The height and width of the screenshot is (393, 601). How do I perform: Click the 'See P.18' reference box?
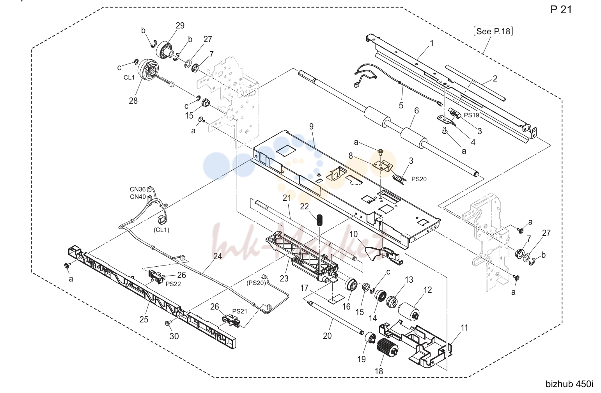[493, 31]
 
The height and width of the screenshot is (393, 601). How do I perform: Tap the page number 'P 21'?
[561, 10]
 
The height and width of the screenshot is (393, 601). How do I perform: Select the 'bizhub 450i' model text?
[569, 384]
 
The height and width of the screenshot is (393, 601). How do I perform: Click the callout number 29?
[180, 25]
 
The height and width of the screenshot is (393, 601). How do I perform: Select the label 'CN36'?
[137, 189]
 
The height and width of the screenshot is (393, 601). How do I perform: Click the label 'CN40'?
[138, 196]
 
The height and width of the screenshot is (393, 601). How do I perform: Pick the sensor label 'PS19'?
[472, 115]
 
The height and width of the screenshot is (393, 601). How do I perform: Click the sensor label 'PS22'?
[173, 284]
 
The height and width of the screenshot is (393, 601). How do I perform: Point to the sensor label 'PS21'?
[239, 311]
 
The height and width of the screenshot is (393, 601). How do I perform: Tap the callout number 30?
[174, 336]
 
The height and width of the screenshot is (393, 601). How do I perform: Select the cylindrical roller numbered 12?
[409, 311]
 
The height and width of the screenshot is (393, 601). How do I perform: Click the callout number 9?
[311, 126]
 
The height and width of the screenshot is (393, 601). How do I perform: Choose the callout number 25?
[144, 319]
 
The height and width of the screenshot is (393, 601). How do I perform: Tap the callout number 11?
[464, 328]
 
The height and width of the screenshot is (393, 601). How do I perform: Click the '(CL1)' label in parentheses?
[161, 230]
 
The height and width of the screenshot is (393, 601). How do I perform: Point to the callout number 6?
[417, 110]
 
